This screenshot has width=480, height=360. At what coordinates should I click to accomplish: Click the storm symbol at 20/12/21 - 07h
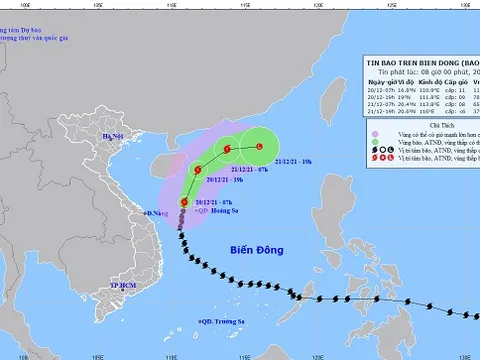coord(182,203)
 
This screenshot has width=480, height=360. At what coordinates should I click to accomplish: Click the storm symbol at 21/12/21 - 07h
coord(227,151)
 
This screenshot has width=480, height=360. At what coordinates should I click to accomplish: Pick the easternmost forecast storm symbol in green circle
coord(260,148)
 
